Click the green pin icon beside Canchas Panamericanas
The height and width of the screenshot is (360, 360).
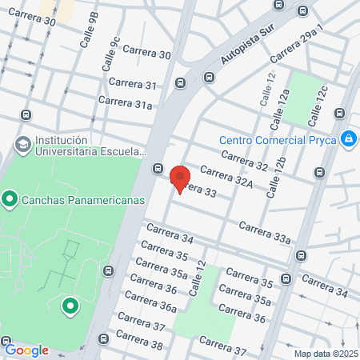coord(10,198)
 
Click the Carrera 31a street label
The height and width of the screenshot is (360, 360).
coord(124,102)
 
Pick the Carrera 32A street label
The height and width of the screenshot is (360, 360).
coord(226,177)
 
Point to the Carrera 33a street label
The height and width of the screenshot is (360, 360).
coord(264,232)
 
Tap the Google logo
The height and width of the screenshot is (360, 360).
coord(26,350)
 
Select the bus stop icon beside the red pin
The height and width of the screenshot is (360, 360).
coord(158,169)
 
